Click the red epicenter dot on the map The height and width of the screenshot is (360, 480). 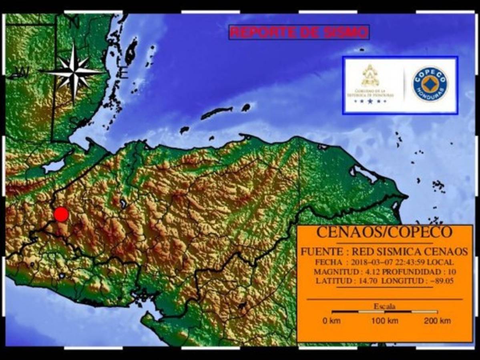point(61,214)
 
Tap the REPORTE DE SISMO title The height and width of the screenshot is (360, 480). point(299,32)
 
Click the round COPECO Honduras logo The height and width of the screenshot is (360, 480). point(430,84)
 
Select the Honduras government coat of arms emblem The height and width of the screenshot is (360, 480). point(370,76)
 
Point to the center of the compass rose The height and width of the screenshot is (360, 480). point(74,71)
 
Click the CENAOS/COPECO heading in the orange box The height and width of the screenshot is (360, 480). point(384,232)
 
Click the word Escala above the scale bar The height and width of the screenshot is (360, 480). point(384,307)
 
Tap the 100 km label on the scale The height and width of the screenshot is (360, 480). point(384,320)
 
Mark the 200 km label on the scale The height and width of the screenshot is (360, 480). point(437,320)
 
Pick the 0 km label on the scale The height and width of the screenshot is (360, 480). point(332,320)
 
